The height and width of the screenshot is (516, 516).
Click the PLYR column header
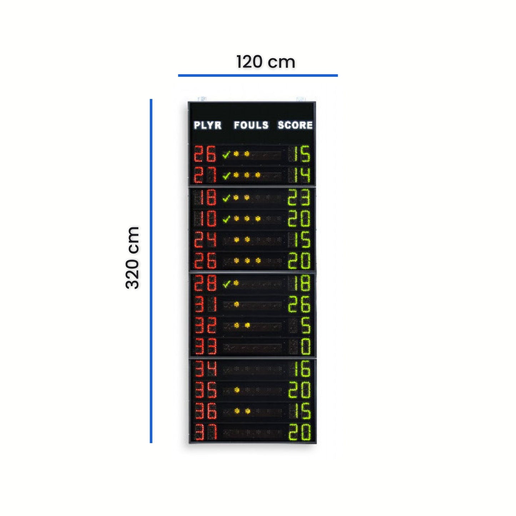[207, 125]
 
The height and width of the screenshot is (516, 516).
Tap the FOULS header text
[251, 125]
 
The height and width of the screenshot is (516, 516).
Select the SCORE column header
[295, 125]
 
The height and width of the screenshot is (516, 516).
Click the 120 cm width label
[266, 62]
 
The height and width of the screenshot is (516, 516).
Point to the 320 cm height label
[132, 257]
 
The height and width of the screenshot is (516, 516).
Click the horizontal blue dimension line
[258, 75]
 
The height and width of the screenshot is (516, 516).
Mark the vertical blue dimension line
[151, 271]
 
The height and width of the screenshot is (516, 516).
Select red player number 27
[205, 175]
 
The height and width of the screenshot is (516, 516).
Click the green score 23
[299, 197]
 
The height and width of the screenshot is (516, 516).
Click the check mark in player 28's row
[226, 284]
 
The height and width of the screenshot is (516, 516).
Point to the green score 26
[299, 305]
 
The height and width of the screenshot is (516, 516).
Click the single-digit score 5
[306, 326]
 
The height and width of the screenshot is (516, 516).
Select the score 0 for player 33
[306, 347]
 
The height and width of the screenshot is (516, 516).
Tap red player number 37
[206, 432]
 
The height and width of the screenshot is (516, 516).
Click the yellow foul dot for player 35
[237, 390]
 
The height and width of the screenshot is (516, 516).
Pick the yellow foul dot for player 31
[236, 304]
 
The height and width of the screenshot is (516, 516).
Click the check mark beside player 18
[226, 198]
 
